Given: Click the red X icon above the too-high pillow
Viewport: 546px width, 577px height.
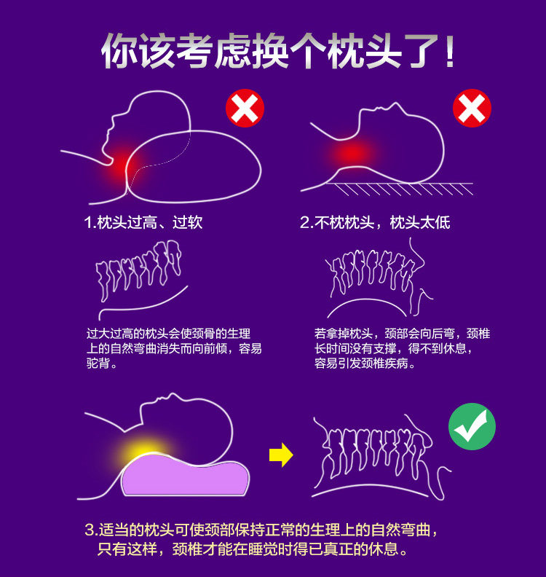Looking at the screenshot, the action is (245, 109).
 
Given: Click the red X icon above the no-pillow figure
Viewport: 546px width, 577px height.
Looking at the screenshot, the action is (472, 109).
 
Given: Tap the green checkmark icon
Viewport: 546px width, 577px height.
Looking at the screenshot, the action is (472, 426).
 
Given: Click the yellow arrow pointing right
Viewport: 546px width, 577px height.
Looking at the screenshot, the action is (281, 456).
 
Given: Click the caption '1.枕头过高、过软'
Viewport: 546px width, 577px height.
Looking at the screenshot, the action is (143, 222).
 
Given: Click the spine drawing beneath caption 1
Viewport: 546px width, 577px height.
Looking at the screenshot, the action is (139, 272).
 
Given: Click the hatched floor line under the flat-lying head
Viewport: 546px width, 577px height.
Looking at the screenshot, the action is (397, 189).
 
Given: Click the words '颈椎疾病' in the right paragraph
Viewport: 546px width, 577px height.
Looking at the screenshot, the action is (379, 363).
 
